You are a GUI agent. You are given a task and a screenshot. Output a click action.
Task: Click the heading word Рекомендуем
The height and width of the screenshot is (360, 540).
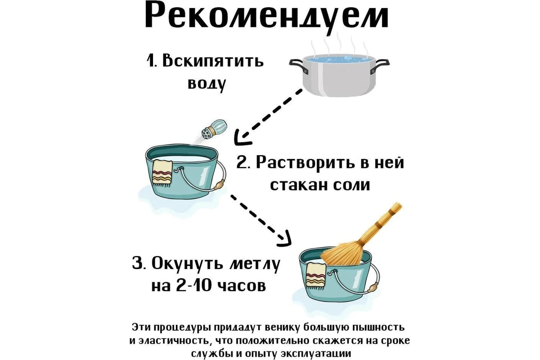266,16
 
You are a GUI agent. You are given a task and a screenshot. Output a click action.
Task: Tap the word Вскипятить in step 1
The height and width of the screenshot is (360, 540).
213,61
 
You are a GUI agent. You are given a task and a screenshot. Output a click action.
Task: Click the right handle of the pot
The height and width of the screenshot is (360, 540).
380,66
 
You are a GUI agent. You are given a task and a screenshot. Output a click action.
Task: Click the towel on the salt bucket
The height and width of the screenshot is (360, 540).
162,173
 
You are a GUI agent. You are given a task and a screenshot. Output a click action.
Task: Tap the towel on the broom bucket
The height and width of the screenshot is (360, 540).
316,277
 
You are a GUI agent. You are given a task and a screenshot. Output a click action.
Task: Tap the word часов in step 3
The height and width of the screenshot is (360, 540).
245,286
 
